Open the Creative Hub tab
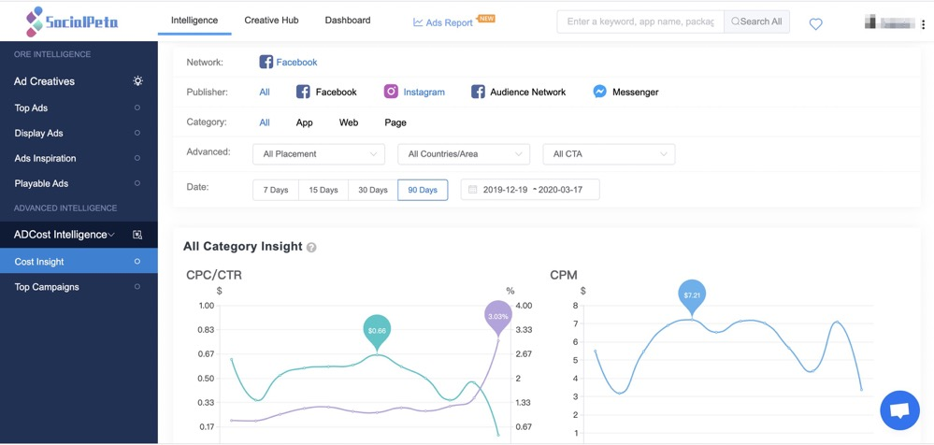[271, 20]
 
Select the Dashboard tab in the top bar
[347, 20]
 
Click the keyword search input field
[639, 22]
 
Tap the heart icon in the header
[815, 24]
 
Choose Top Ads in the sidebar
[31, 108]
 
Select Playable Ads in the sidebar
[41, 183]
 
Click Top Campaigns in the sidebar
[47, 287]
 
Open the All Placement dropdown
[319, 154]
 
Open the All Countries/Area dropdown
[463, 154]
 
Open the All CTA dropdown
[609, 154]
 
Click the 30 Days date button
[372, 190]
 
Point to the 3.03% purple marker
[498, 316]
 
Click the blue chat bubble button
[899, 410]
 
